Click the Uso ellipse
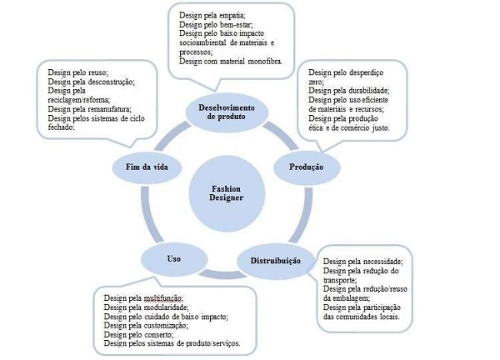172,259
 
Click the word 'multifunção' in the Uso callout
162,297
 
